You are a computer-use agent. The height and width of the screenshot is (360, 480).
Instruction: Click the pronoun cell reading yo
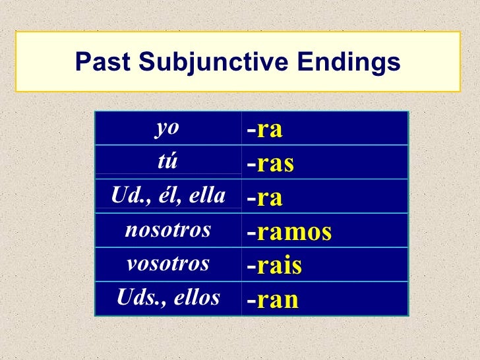(167, 129)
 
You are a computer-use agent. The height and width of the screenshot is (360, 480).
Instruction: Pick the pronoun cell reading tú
(167, 162)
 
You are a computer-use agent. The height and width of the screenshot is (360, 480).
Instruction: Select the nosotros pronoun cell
(167, 230)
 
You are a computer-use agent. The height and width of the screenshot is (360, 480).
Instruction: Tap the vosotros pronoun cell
(167, 264)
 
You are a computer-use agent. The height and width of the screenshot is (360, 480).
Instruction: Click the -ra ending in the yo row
(265, 130)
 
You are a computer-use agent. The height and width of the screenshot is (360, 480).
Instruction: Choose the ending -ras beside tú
(270, 164)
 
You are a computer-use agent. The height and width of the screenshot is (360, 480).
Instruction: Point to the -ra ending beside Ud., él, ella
(265, 198)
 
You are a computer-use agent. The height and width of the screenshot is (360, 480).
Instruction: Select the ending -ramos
(289, 232)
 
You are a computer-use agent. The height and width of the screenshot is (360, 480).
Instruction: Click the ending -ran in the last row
(273, 300)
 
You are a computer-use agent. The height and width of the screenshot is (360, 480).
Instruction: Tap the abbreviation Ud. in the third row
(127, 196)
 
